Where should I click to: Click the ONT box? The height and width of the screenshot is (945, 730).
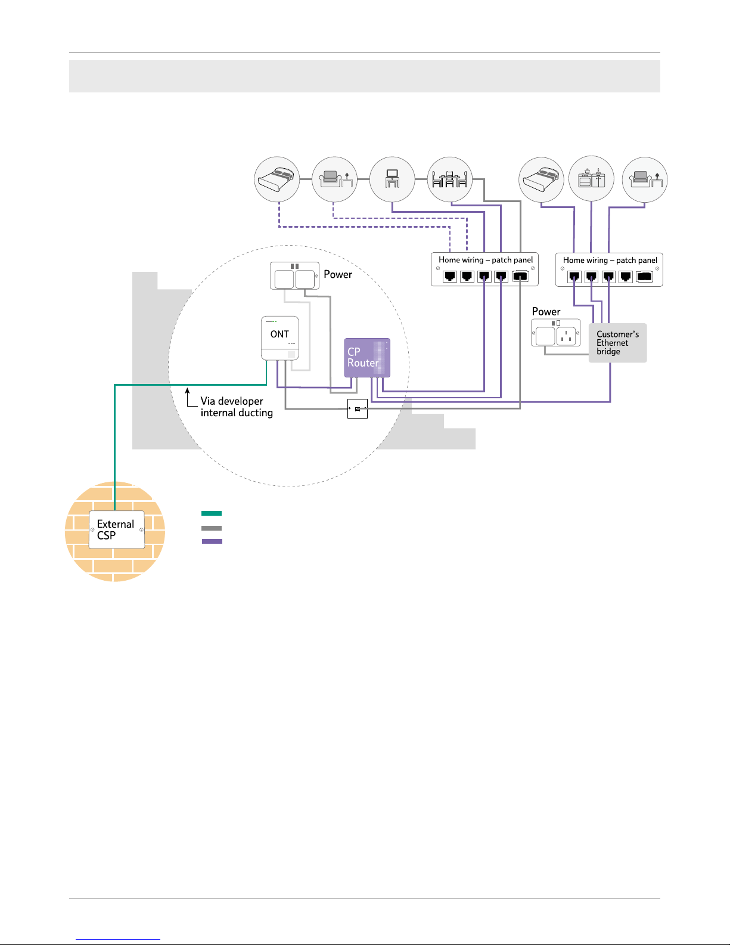pyautogui.click(x=280, y=337)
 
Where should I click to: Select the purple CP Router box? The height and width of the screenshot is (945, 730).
pyautogui.click(x=367, y=358)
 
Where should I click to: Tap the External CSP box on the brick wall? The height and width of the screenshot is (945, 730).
pyautogui.click(x=117, y=529)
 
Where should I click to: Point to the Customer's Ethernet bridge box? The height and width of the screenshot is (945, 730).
pyautogui.click(x=617, y=343)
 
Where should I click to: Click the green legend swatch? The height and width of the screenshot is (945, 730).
pyautogui.click(x=212, y=513)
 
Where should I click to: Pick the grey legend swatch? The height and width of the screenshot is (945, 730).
pyautogui.click(x=212, y=528)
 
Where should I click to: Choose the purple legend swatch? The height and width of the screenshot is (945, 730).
pyautogui.click(x=212, y=541)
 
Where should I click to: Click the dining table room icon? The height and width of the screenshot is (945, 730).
pyautogui.click(x=450, y=179)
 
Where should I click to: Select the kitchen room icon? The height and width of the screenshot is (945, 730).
pyautogui.click(x=591, y=179)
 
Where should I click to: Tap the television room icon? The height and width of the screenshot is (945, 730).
pyautogui.click(x=392, y=179)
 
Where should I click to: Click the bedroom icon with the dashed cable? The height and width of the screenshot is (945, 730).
pyautogui.click(x=277, y=179)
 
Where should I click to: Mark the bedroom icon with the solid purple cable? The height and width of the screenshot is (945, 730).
pyautogui.click(x=541, y=179)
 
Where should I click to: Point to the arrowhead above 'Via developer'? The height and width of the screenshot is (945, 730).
pyautogui.click(x=187, y=392)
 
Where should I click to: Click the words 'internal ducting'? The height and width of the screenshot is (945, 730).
pyautogui.click(x=237, y=413)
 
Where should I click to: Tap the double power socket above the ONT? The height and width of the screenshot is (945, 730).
pyautogui.click(x=294, y=277)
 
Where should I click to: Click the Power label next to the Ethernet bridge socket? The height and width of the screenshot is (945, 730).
pyautogui.click(x=546, y=312)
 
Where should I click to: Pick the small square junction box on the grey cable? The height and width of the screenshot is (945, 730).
pyautogui.click(x=358, y=409)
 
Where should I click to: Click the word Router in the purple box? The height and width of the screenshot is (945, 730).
pyautogui.click(x=363, y=363)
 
